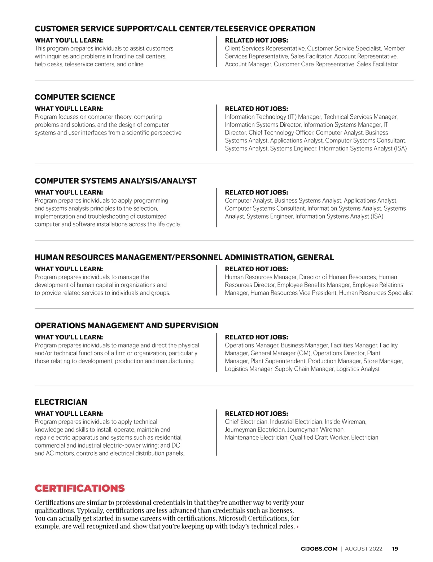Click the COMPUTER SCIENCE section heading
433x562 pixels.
pyautogui.click(x=75, y=97)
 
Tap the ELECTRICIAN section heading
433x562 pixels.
pyautogui.click(x=61, y=402)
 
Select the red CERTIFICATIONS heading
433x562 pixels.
pyautogui.click(x=79, y=488)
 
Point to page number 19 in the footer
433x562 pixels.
pyautogui.click(x=395, y=549)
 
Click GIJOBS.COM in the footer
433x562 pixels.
pyautogui.click(x=319, y=549)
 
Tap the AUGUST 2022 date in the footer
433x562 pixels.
pyautogui.click(x=363, y=549)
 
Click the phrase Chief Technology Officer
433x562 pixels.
pyautogui.click(x=281, y=132)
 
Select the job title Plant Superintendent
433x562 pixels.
pyautogui.click(x=278, y=361)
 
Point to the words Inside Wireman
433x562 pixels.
pyautogui.click(x=345, y=422)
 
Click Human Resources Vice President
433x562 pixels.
pyautogui.click(x=293, y=293)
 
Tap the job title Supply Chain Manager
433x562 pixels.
pyautogui.click(x=304, y=369)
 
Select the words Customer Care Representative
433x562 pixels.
pyautogui.click(x=314, y=64)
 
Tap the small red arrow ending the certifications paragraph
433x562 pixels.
pyautogui.click(x=298, y=527)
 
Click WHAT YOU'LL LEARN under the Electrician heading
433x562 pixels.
pyautogui.click(x=69, y=414)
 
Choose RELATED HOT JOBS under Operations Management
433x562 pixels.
pyautogui.click(x=256, y=337)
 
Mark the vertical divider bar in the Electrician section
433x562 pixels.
pyautogui.click(x=216, y=433)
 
